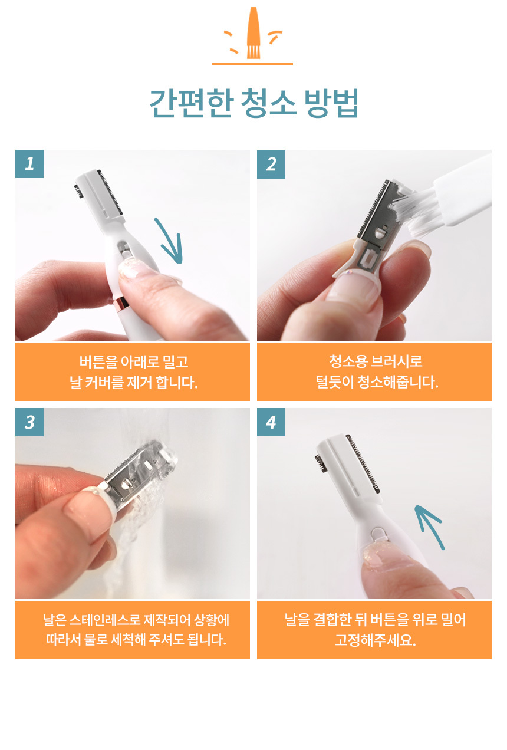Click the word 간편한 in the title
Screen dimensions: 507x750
click(191, 103)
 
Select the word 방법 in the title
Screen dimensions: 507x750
click(331, 103)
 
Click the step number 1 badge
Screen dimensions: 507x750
click(29, 164)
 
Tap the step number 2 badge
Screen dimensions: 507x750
click(271, 164)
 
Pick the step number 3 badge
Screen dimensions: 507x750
click(29, 422)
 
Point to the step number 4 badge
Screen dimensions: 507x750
click(271, 422)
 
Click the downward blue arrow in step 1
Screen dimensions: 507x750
click(170, 241)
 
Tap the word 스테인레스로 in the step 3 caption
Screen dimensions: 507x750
click(105, 620)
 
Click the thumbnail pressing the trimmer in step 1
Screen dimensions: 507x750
click(130, 269)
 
